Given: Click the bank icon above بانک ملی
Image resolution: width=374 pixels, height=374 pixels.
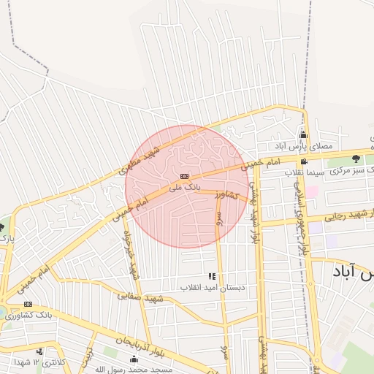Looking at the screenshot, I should coord(186,176).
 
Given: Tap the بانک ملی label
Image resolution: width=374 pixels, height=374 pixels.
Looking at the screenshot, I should coord(184,187).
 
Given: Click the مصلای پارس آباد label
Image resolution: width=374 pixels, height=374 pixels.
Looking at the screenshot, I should coord(302,146).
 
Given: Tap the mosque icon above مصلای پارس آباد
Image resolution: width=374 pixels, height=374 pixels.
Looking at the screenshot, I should coord(303,134).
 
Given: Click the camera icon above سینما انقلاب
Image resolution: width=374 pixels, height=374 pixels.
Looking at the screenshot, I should coord(303,161).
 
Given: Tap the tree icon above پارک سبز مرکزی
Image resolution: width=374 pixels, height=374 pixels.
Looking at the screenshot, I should coord(356,159).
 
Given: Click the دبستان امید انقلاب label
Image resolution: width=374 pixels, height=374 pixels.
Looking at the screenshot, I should coord(211,287).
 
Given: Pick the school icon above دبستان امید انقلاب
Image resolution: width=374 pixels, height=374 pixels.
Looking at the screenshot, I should coord(212,276).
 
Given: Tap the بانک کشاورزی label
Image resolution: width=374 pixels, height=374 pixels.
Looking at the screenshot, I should coord(25,315).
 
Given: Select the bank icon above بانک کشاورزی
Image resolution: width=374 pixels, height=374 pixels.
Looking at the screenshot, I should coord(28,304).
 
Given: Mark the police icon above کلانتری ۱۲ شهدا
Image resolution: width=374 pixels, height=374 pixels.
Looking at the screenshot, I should coord(39,352).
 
